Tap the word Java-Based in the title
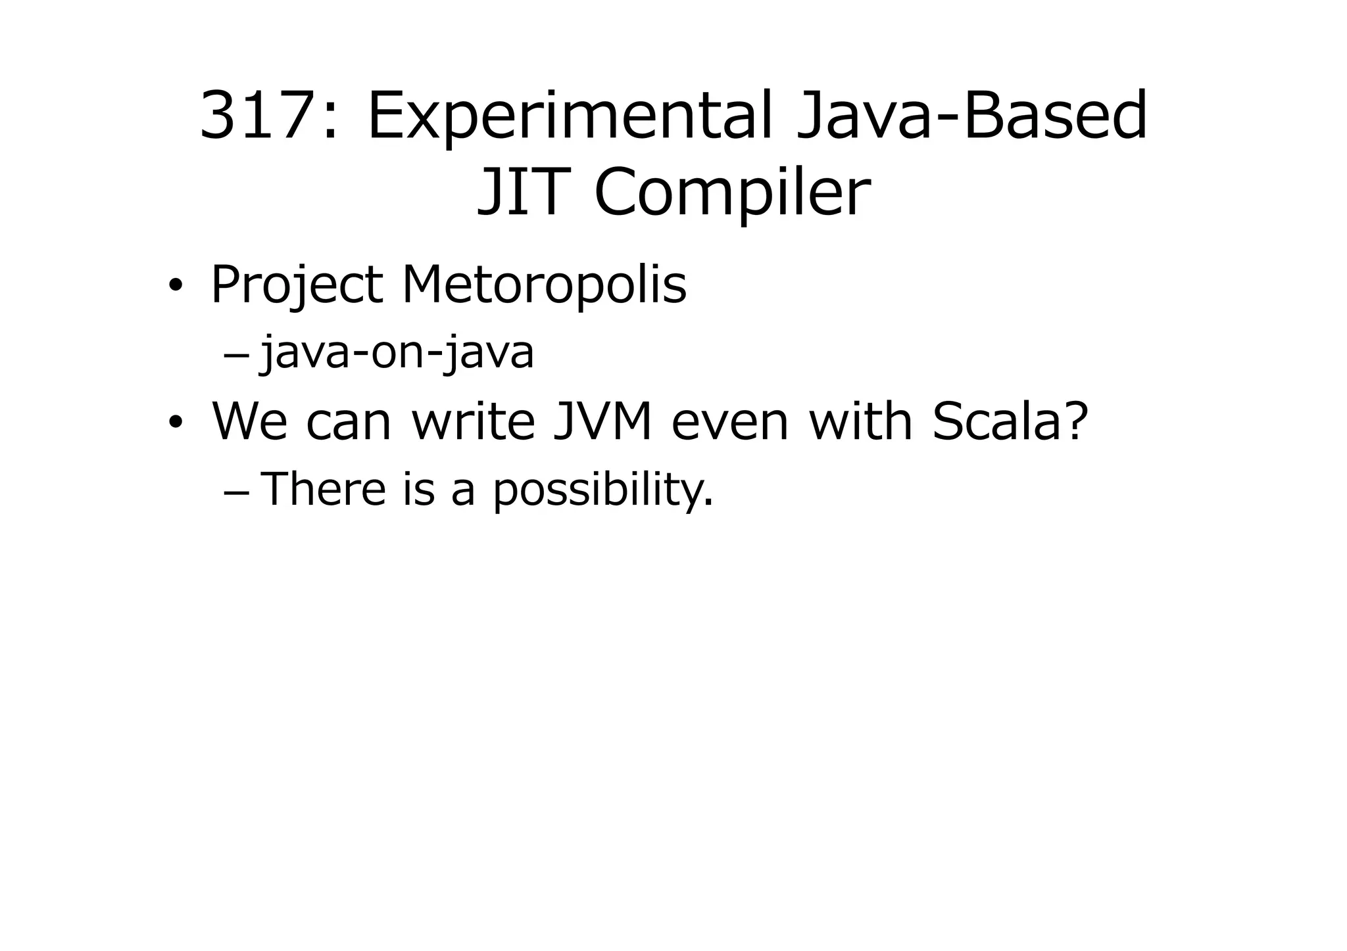click(x=972, y=117)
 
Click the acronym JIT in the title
click(x=522, y=193)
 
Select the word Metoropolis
click(x=544, y=285)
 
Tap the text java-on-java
click(x=397, y=354)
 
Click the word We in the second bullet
click(x=249, y=421)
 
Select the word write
click(x=474, y=421)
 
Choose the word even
click(x=729, y=421)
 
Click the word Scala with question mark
click(x=1010, y=421)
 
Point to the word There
click(x=323, y=490)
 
